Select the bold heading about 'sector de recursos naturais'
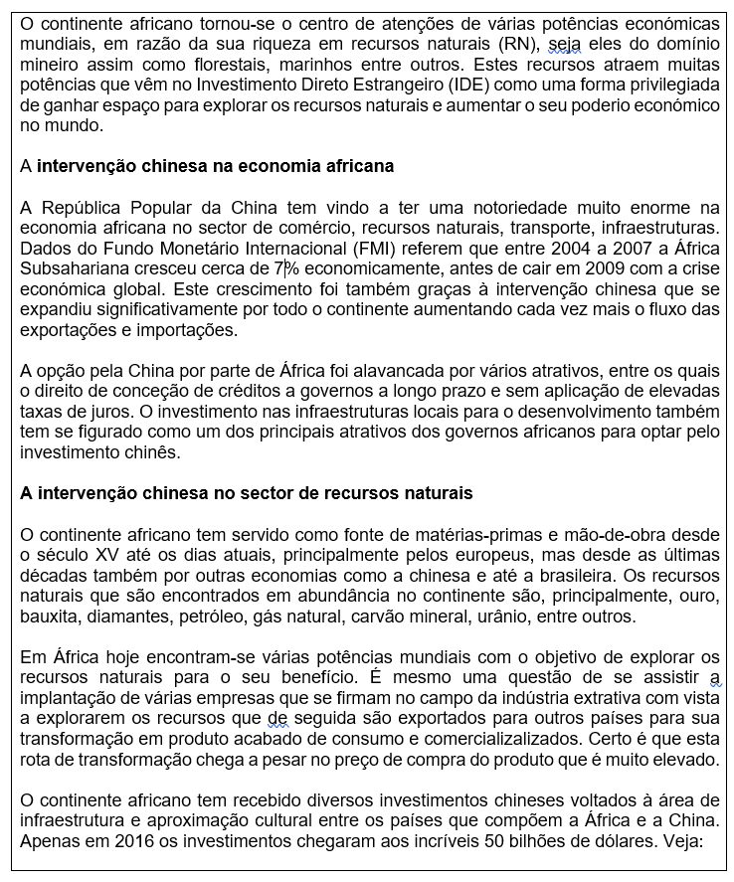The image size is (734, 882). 246,493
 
